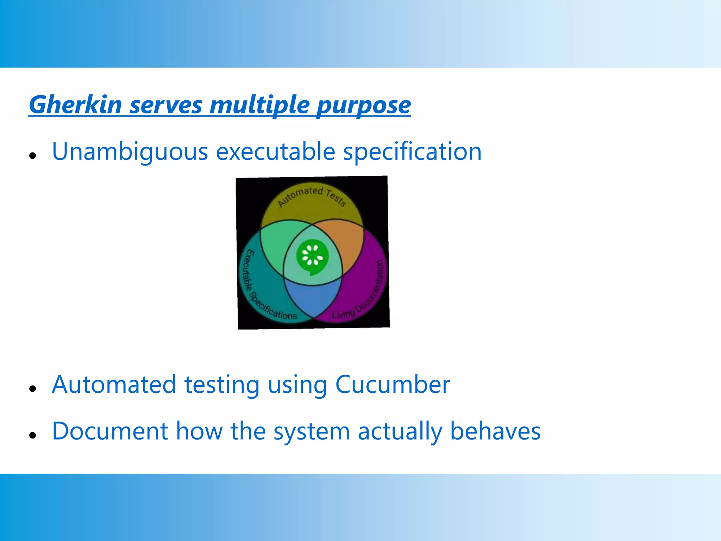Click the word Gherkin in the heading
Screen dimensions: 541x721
pyautogui.click(x=75, y=105)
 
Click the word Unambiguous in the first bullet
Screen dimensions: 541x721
pyautogui.click(x=130, y=152)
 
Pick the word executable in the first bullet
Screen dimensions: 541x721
pyautogui.click(x=275, y=152)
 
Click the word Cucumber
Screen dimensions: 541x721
pyautogui.click(x=392, y=384)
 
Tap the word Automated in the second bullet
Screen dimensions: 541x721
pyautogui.click(x=114, y=384)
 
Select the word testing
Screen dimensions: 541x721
pyautogui.click(x=222, y=385)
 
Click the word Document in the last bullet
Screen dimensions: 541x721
pyautogui.click(x=110, y=431)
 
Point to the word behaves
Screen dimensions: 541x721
pyautogui.click(x=495, y=431)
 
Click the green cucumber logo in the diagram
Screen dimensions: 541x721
pyautogui.click(x=312, y=257)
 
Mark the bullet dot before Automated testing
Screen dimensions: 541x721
pyautogui.click(x=33, y=388)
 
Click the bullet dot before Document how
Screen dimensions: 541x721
pyautogui.click(x=33, y=435)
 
